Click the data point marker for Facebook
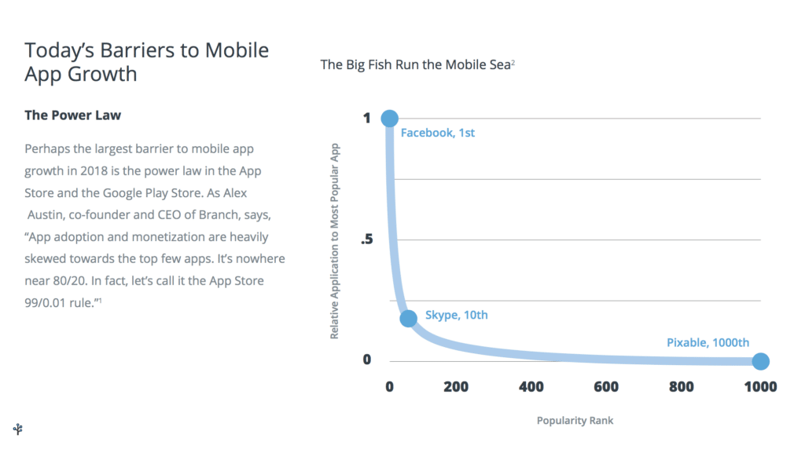tap(389, 119)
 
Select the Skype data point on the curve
tap(408, 318)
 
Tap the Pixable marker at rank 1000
tap(760, 361)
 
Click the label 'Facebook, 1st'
tap(438, 133)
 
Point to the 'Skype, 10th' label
tap(457, 315)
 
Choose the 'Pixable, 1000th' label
tap(708, 342)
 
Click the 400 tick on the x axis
tap(531, 386)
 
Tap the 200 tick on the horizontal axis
tap(455, 386)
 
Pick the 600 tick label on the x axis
tap(607, 386)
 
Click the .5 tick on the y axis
tap(366, 239)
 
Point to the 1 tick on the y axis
tap(366, 118)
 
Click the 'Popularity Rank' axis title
tap(575, 421)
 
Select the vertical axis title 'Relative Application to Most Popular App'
tap(334, 240)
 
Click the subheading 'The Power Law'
tap(72, 115)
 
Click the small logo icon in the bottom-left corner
tap(18, 428)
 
